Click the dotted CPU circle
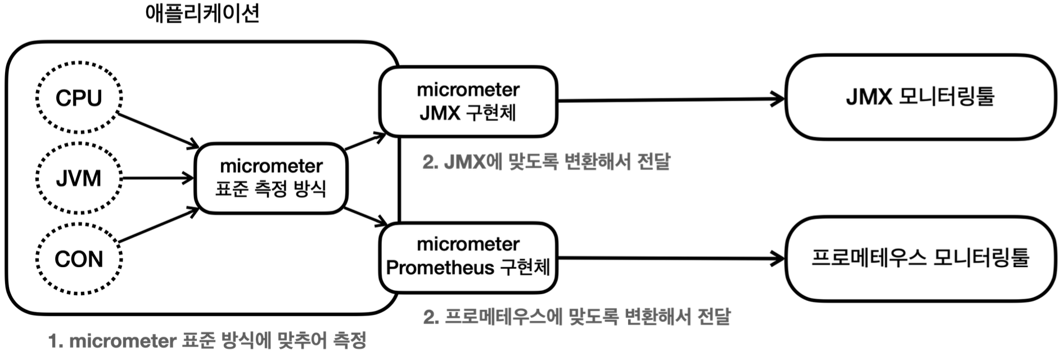pyautogui.click(x=79, y=98)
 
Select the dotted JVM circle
pyautogui.click(x=79, y=178)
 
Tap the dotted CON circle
pyautogui.click(x=79, y=259)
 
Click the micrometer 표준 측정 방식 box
pyautogui.click(x=270, y=178)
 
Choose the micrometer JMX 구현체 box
pyautogui.click(x=468, y=101)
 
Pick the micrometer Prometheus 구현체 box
pyautogui.click(x=468, y=256)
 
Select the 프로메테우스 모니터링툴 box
pyautogui.click(x=920, y=258)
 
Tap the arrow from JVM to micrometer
pyautogui.click(x=157, y=178)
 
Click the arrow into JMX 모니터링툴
pyautogui.click(x=669, y=100)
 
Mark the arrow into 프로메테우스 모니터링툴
pyautogui.click(x=669, y=258)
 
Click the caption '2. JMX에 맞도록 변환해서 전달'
pyautogui.click(x=546, y=162)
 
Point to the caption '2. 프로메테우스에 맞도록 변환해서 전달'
pyautogui.click(x=576, y=317)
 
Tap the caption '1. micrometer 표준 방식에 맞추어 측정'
pyautogui.click(x=208, y=340)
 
